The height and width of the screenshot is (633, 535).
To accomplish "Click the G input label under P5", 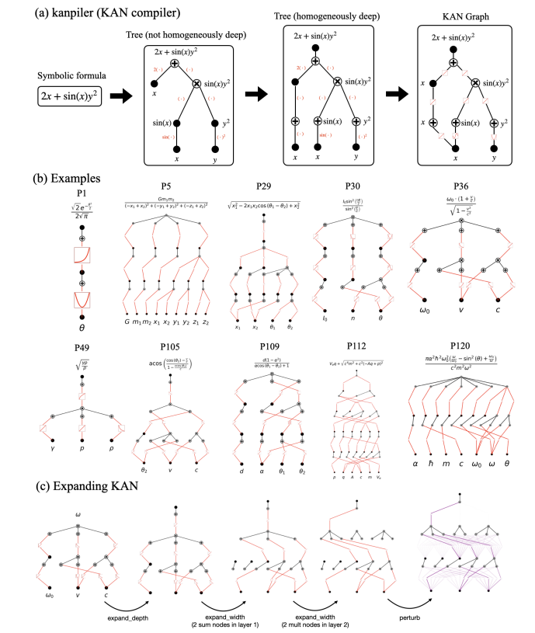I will click(127, 321).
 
